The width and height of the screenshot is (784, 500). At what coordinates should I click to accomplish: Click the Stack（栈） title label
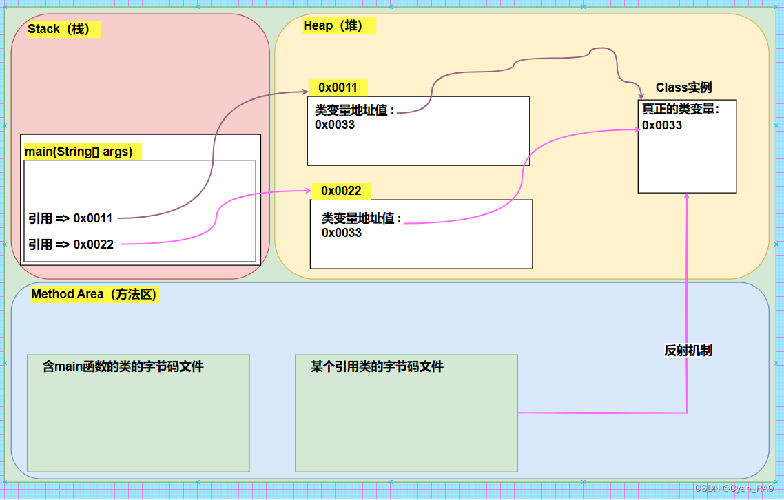(63, 30)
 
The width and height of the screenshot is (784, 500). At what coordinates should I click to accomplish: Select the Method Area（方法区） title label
(94, 294)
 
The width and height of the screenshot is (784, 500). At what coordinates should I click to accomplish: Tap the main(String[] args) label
(79, 152)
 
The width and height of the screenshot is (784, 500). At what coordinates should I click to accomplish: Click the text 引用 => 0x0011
(70, 218)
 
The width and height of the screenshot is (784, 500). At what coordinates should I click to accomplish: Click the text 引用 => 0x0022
(71, 244)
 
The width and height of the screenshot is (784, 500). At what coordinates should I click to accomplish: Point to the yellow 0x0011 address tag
(338, 87)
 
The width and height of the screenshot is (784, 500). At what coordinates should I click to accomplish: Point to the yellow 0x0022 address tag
(341, 190)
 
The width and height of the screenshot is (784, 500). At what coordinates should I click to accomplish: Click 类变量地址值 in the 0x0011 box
(354, 110)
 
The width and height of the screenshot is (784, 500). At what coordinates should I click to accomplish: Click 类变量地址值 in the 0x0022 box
(361, 218)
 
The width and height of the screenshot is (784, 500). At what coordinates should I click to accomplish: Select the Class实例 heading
(683, 87)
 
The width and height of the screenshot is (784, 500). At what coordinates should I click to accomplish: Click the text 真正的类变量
(680, 109)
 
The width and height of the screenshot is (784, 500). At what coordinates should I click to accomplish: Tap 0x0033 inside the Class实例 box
(661, 125)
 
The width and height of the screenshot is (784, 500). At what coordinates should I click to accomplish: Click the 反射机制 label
(688, 351)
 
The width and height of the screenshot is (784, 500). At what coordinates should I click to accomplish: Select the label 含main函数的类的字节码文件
(123, 366)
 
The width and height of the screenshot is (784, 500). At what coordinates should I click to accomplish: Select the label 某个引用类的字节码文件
(377, 366)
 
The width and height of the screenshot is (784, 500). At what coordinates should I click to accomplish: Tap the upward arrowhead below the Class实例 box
(687, 197)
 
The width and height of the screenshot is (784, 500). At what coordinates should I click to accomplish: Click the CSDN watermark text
(734, 488)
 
